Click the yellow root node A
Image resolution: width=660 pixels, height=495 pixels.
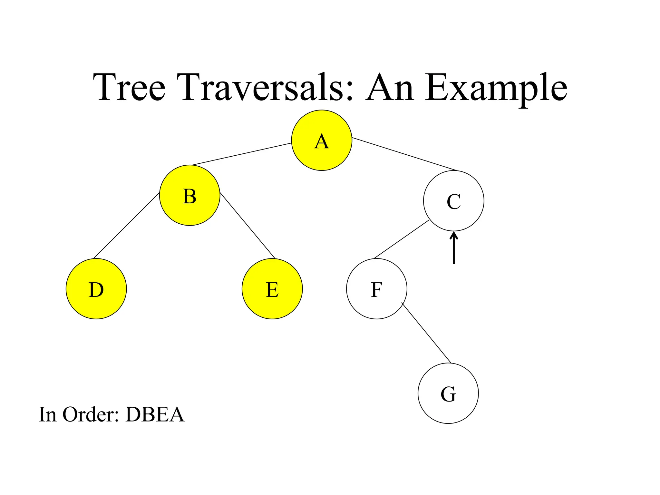tap(321, 140)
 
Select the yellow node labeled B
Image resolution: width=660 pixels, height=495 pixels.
tap(189, 195)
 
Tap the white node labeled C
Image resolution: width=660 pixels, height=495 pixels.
tap(453, 201)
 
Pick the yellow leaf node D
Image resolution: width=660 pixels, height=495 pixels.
tap(96, 289)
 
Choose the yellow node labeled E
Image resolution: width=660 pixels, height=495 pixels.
tap(272, 289)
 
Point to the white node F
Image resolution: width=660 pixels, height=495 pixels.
tap(376, 289)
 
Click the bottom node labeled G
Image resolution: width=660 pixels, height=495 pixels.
tap(448, 393)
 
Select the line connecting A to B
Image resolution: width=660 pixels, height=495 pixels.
tap(242, 154)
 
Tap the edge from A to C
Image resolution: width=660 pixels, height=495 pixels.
tap(404, 154)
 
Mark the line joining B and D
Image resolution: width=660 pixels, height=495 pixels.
tap(126, 226)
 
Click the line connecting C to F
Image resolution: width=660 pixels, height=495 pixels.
tap(401, 239)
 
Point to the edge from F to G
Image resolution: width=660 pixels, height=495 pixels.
tap(426, 333)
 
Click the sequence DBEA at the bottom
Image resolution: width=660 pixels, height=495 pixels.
tap(155, 414)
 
